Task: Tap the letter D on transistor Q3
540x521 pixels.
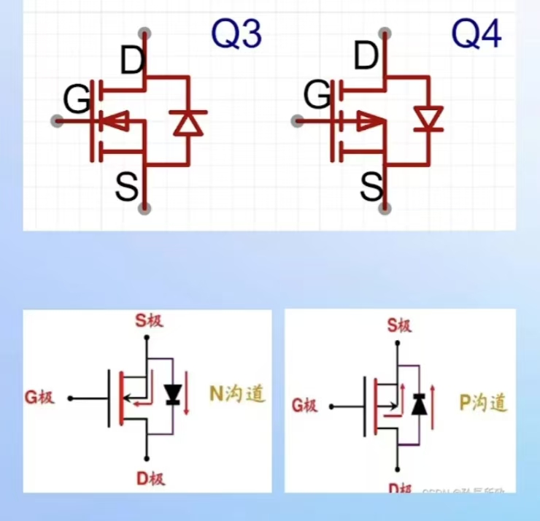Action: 133,61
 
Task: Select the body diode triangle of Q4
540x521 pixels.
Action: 428,120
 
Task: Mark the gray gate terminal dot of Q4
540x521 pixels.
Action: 296,121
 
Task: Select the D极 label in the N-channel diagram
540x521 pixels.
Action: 150,479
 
